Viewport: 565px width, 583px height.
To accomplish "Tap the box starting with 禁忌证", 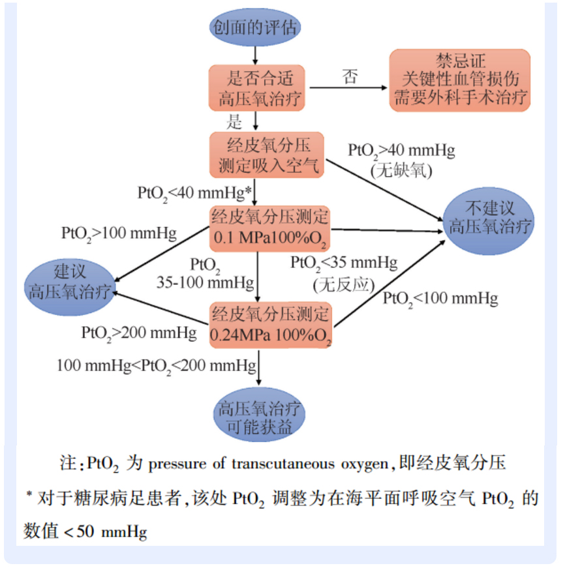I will [460, 80].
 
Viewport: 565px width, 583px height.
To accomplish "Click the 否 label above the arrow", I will [350, 77].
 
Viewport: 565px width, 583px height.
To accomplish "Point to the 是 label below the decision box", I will [234, 121].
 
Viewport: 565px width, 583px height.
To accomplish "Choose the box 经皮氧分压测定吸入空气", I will [267, 154].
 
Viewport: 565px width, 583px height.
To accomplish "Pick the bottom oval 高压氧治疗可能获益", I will [260, 417].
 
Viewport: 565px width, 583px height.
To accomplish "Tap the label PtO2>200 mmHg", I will [138, 333].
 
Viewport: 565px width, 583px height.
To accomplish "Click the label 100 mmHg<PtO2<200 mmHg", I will [156, 365].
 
